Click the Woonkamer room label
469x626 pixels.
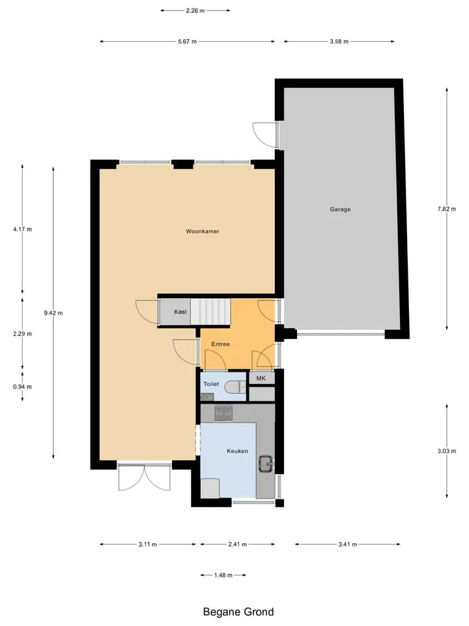tap(202, 231)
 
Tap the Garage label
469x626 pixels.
tap(340, 209)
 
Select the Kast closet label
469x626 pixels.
tap(180, 312)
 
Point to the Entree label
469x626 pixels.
tap(221, 344)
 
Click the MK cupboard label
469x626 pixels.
tap(261, 378)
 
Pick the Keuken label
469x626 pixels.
tap(237, 451)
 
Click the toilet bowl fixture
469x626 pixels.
tap(235, 387)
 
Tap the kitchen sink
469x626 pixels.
tap(266, 464)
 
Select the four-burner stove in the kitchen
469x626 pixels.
tap(223, 413)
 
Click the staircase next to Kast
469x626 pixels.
tap(210, 312)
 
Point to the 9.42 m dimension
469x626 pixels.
tap(53, 313)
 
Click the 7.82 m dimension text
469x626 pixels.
tap(447, 209)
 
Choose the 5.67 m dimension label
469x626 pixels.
tap(188, 42)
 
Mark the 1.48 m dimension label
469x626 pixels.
tap(223, 575)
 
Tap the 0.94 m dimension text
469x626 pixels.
tap(22, 387)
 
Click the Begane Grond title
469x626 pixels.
tap(238, 612)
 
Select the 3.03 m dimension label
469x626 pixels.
tap(447, 451)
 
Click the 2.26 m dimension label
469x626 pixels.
tap(195, 11)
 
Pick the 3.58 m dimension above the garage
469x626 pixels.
tap(339, 42)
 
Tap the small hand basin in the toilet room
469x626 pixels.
tap(207, 397)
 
